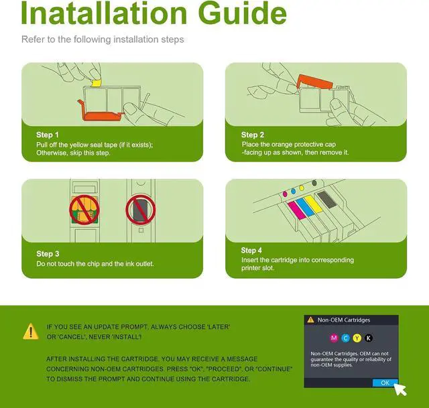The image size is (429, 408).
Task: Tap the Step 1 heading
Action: (48, 135)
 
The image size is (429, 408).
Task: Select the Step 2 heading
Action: (252, 135)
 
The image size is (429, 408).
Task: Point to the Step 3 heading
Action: (48, 254)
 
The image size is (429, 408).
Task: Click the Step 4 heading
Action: (251, 250)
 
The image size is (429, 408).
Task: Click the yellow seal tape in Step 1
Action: (96, 83)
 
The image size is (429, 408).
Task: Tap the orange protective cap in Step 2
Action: (314, 82)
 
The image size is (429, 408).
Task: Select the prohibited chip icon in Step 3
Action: (84, 210)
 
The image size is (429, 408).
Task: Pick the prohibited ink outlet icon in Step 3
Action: (141, 210)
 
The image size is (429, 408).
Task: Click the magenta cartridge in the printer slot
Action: (296, 210)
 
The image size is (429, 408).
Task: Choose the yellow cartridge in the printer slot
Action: (314, 204)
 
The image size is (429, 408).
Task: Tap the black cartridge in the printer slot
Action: (326, 200)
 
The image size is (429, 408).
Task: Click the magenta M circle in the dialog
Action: (334, 338)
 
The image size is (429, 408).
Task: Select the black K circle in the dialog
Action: (369, 338)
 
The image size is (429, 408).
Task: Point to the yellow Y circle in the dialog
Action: (357, 338)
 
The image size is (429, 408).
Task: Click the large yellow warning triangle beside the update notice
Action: (31, 332)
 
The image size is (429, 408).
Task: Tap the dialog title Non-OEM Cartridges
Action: (344, 320)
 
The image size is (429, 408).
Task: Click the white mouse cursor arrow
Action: (400, 389)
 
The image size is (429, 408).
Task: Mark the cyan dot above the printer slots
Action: (294, 191)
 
